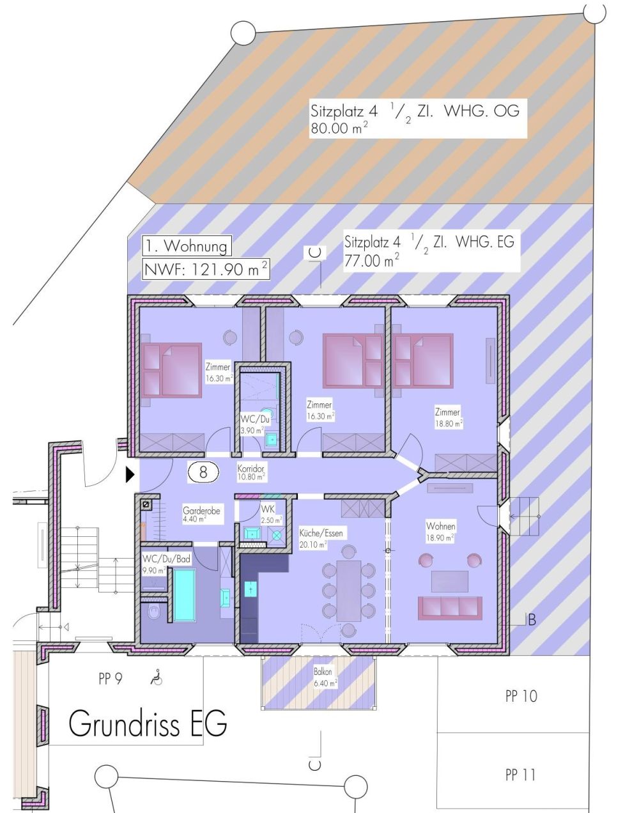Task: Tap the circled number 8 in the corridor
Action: tap(203, 472)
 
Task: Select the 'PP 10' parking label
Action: tap(521, 696)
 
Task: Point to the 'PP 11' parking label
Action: tap(520, 775)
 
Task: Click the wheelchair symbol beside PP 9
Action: tap(155, 677)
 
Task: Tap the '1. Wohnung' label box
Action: tap(186, 245)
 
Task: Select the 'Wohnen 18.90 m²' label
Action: tap(441, 531)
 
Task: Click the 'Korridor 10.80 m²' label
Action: tap(251, 472)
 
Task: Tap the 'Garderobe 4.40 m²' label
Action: tap(203, 515)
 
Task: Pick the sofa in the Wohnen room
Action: tap(449, 608)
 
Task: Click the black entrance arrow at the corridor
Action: tap(130, 474)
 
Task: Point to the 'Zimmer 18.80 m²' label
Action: tap(448, 417)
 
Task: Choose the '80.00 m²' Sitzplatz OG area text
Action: tap(339, 128)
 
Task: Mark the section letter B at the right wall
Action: tap(531, 619)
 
